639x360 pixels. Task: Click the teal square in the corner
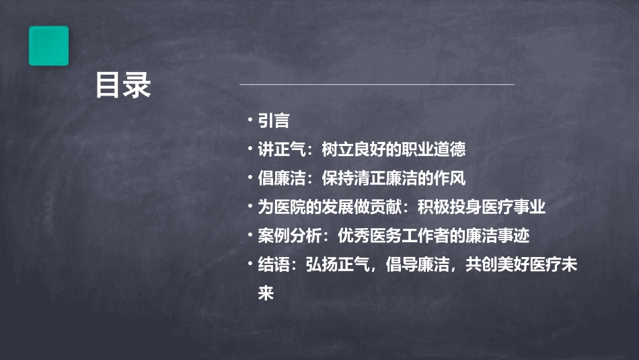48,46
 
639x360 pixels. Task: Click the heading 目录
123,85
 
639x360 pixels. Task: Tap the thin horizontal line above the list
377,84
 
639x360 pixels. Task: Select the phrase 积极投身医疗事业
481,207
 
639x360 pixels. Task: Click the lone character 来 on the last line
266,293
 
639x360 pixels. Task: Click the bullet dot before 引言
250,120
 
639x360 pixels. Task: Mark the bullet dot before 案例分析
250,236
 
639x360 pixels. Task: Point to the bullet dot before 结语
250,265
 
